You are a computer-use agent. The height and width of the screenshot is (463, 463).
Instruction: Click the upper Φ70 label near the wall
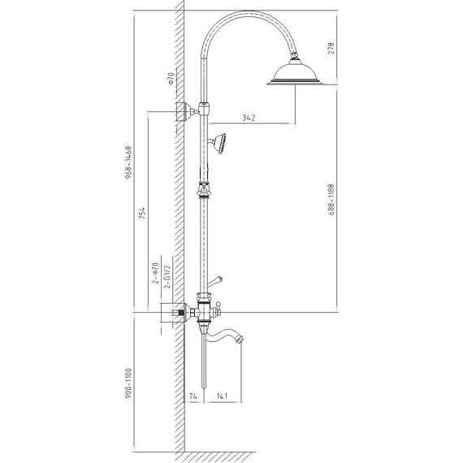click(170, 79)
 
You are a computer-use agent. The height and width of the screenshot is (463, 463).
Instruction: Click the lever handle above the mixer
click(215, 281)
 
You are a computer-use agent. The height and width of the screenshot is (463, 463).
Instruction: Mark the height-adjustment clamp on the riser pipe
click(204, 193)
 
